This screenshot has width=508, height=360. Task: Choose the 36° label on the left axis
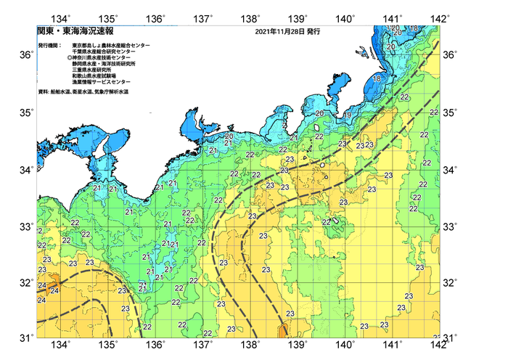(x=25, y=55)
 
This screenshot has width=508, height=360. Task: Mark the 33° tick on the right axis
(x=451, y=227)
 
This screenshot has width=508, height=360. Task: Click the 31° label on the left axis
(x=25, y=337)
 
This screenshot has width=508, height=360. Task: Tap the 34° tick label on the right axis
(x=451, y=170)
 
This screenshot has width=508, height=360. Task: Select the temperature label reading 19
(x=348, y=115)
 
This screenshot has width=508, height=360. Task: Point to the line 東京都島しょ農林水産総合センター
(x=111, y=45)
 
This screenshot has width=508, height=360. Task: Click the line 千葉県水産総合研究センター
(x=105, y=52)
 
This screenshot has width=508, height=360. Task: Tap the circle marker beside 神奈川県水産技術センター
(x=70, y=57)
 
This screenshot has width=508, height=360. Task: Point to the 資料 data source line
(x=91, y=91)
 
